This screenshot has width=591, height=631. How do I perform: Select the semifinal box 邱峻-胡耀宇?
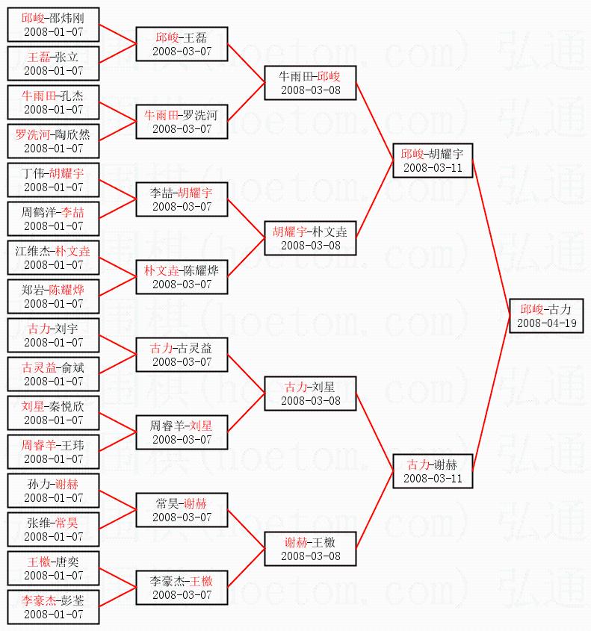pyautogui.click(x=432, y=160)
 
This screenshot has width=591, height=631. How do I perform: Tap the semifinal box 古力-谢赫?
pyautogui.click(x=432, y=470)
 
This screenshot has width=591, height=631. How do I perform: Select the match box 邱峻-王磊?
pyautogui.click(x=182, y=43)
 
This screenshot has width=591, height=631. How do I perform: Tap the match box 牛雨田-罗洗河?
pyautogui.click(x=182, y=121)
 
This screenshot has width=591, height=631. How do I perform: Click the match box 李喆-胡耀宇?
pyautogui.click(x=182, y=199)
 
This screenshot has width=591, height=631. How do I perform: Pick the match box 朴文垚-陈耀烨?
pyautogui.click(x=182, y=276)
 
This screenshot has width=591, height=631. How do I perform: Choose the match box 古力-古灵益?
pyautogui.click(x=182, y=354)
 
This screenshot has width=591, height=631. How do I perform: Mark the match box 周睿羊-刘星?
pyautogui.click(x=182, y=432)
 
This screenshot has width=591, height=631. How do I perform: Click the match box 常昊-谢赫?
pyautogui.click(x=182, y=509)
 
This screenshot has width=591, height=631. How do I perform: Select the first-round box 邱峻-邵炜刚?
pyautogui.click(x=53, y=24)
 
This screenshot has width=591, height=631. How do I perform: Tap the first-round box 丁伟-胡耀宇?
pyautogui.click(x=53, y=179)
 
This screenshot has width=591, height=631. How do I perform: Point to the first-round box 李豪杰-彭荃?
pyautogui.click(x=53, y=606)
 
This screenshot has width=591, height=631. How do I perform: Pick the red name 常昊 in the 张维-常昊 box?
pyautogui.click(x=69, y=522)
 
